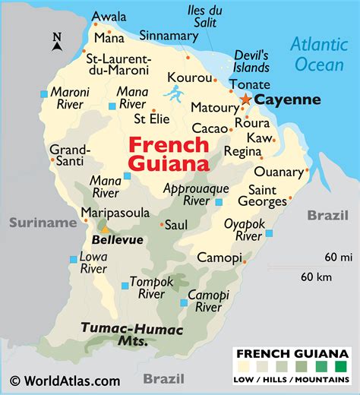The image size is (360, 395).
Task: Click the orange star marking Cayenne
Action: click(245, 100)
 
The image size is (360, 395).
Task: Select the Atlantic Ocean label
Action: click(319, 54)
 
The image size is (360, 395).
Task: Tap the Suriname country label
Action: click(43, 223)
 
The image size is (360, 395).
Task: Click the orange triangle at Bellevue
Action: click(105, 228)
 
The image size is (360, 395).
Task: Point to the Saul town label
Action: click(176, 225)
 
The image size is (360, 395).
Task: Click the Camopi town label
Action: click(219, 258)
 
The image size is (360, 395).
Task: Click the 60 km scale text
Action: click(317, 276)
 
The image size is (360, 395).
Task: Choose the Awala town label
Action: click(109, 17)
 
